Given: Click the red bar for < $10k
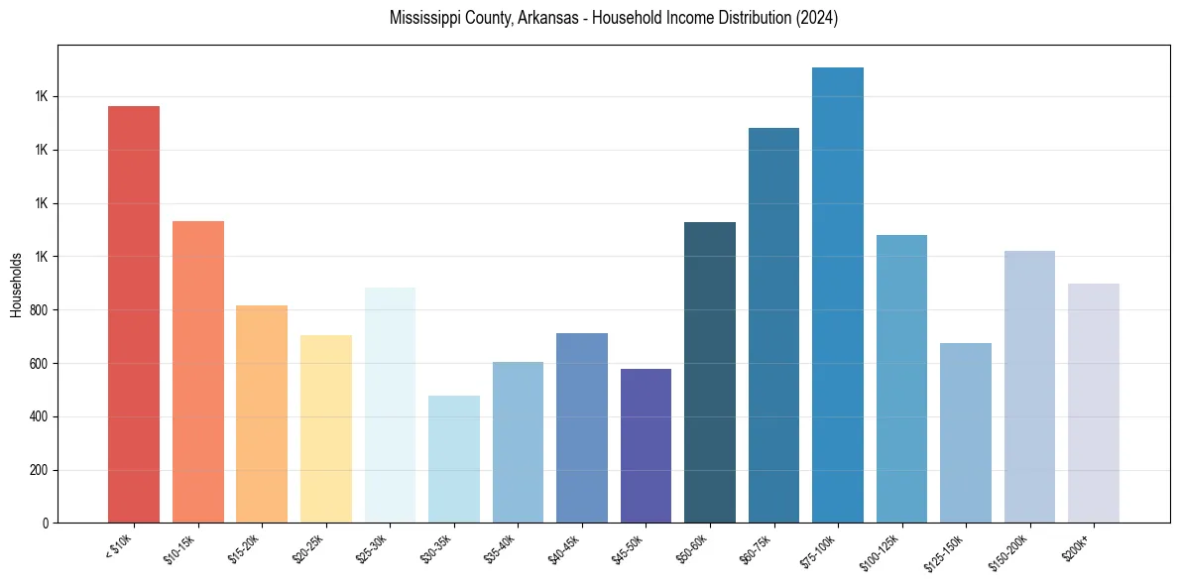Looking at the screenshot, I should point(134,314).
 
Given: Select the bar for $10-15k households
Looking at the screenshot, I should point(198,372).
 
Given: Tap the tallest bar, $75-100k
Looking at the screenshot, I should point(838,295).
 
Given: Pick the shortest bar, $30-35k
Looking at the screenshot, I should point(454,459).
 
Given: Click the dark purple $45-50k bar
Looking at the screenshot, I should point(646,446).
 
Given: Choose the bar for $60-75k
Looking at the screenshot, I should point(773,325).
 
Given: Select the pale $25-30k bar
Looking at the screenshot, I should point(390,405).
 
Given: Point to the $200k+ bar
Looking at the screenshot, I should point(1094,403).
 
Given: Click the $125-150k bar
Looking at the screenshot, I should point(966,432).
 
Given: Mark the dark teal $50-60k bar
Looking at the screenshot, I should point(710,372).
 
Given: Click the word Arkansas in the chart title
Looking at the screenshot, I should point(543,18).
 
